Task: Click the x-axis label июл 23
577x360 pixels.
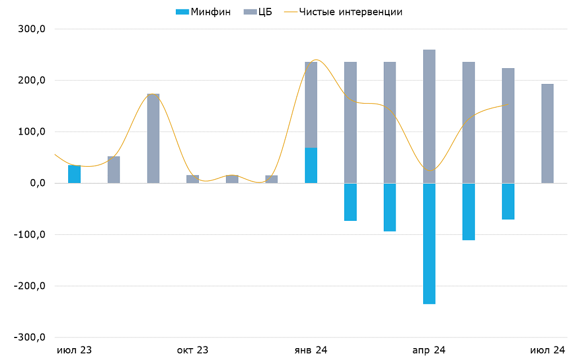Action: click(74, 350)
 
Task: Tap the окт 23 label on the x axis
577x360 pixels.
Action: click(193, 350)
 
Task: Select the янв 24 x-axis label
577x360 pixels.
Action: click(311, 350)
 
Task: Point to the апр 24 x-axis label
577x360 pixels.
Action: click(429, 350)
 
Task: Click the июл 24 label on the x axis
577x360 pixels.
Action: click(547, 350)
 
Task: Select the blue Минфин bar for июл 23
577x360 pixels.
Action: click(74, 175)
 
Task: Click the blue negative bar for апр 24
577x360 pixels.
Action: click(429, 243)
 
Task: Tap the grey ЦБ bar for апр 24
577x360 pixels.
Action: click(429, 116)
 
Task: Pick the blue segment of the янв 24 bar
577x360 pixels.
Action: click(311, 166)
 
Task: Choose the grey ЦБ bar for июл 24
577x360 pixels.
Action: click(547, 134)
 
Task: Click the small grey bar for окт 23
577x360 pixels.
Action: click(193, 179)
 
